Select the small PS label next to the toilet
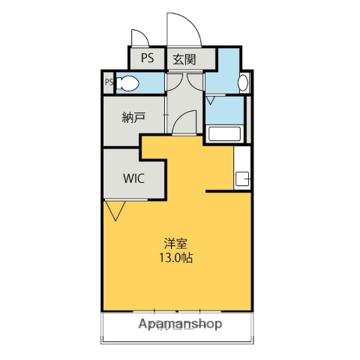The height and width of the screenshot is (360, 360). [x=109, y=83]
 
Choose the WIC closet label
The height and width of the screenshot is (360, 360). [x=134, y=179]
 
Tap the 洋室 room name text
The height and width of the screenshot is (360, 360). [x=177, y=243]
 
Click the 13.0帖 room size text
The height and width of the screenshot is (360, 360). [x=178, y=257]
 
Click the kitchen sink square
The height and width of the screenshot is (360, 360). [x=242, y=179]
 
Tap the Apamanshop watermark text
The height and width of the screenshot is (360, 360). [x=180, y=324]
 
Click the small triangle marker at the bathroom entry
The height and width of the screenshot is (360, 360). [x=211, y=98]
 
